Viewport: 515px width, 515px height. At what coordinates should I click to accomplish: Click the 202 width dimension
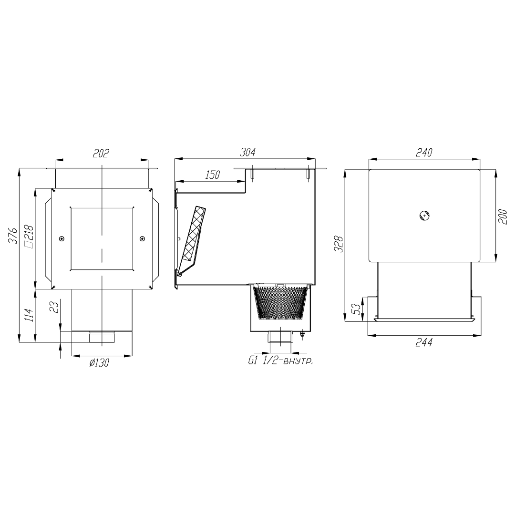(101, 154)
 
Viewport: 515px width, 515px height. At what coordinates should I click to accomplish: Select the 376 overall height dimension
(13, 235)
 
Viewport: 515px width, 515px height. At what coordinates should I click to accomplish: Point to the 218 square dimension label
(29, 237)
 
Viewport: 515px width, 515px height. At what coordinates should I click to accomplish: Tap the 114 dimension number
(29, 315)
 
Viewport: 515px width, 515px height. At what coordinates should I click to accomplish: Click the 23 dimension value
(55, 307)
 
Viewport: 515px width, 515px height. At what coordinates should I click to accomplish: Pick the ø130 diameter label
(99, 362)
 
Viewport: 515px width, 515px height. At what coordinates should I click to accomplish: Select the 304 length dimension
(247, 153)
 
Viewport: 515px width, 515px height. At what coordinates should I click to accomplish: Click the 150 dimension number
(212, 175)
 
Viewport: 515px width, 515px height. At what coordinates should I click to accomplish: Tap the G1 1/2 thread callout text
(280, 361)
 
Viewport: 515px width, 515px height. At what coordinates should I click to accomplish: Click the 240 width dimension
(424, 153)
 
